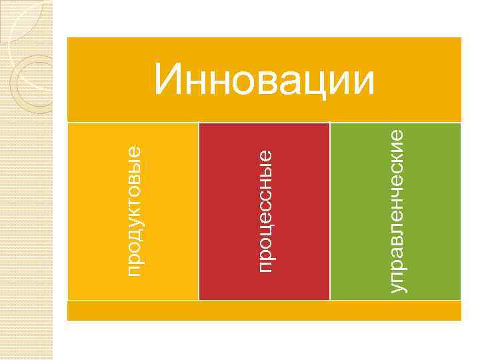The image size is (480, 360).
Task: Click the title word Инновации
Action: coord(265,81)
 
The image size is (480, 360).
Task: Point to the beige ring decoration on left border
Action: coord(30,80)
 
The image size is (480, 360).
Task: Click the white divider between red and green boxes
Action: coord(330,211)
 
